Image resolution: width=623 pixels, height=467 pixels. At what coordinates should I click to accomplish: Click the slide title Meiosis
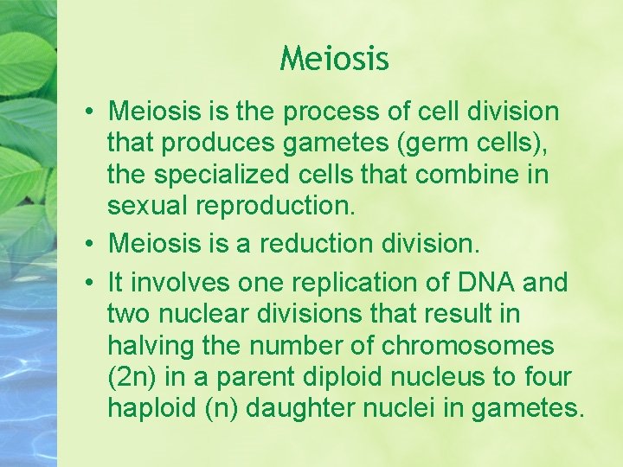click(x=335, y=59)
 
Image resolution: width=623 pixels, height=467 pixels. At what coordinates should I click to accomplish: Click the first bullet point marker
click(x=90, y=112)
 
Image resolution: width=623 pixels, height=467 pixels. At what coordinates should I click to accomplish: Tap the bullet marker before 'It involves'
click(x=90, y=282)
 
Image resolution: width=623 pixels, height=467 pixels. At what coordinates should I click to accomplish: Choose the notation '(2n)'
click(x=132, y=376)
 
